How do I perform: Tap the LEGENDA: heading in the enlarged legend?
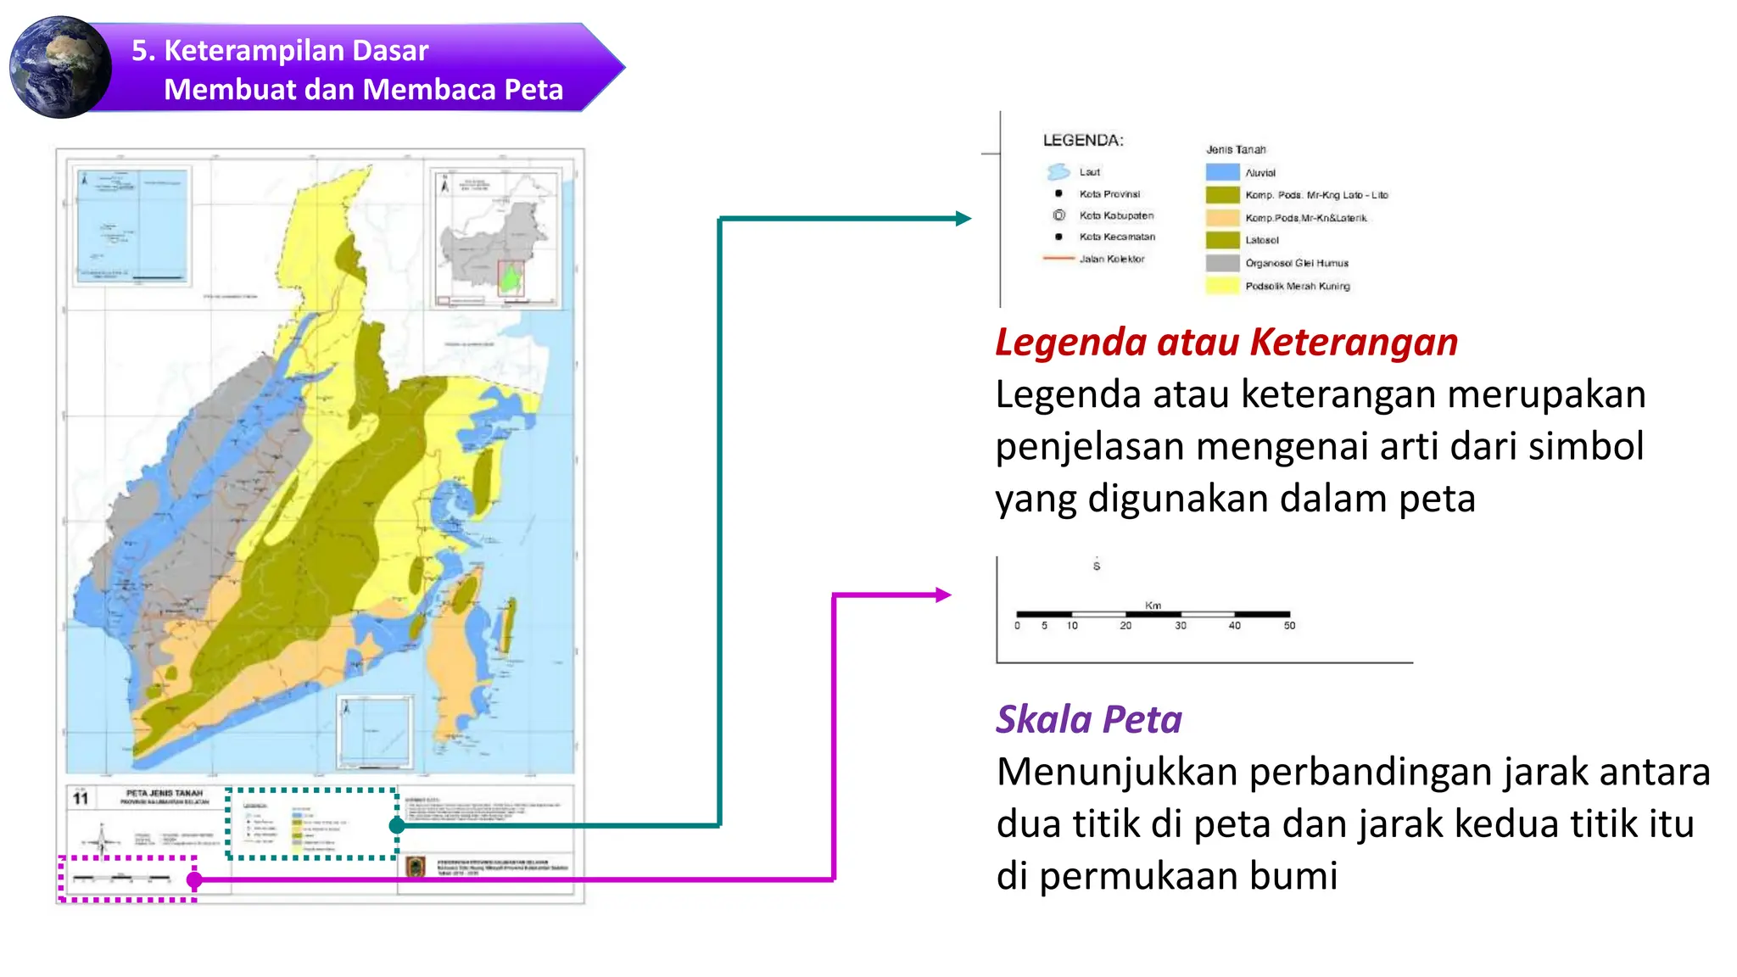pos(1082,140)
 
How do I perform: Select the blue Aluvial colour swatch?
pos(1222,172)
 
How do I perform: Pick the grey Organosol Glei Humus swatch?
pos(1222,263)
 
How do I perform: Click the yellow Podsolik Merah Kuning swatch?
pos(1222,286)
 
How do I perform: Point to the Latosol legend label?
pos(1261,240)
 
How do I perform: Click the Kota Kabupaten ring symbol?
pos(1058,215)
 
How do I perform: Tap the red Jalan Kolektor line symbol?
pos(1058,258)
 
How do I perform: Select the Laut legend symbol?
pos(1058,171)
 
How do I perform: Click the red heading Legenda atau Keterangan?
pos(1226,342)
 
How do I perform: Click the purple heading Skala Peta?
pos(1088,719)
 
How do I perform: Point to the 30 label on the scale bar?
pos(1180,626)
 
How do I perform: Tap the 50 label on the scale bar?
pos(1289,626)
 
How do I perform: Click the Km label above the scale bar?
pos(1153,605)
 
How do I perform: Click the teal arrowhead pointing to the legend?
pos(963,219)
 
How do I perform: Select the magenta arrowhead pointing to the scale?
pos(943,595)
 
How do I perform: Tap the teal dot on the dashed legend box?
pos(396,825)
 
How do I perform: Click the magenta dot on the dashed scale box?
pos(194,880)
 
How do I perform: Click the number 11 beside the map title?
pos(81,798)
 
